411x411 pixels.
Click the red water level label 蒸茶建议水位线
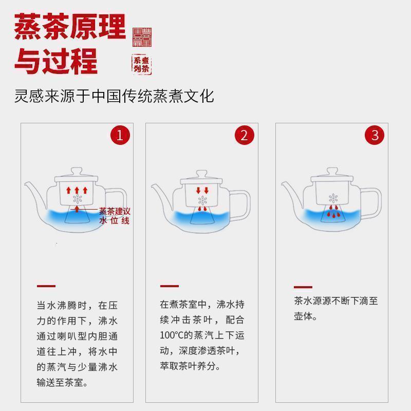115,216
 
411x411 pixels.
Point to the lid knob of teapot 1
76,171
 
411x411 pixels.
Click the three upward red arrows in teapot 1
77,190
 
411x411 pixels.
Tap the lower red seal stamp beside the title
142,64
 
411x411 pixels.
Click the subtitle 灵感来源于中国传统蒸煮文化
114,96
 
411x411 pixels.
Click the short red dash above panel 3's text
303,287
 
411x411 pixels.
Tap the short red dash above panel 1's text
46,286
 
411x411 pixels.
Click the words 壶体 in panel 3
305,316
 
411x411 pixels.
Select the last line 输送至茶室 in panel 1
62,383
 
